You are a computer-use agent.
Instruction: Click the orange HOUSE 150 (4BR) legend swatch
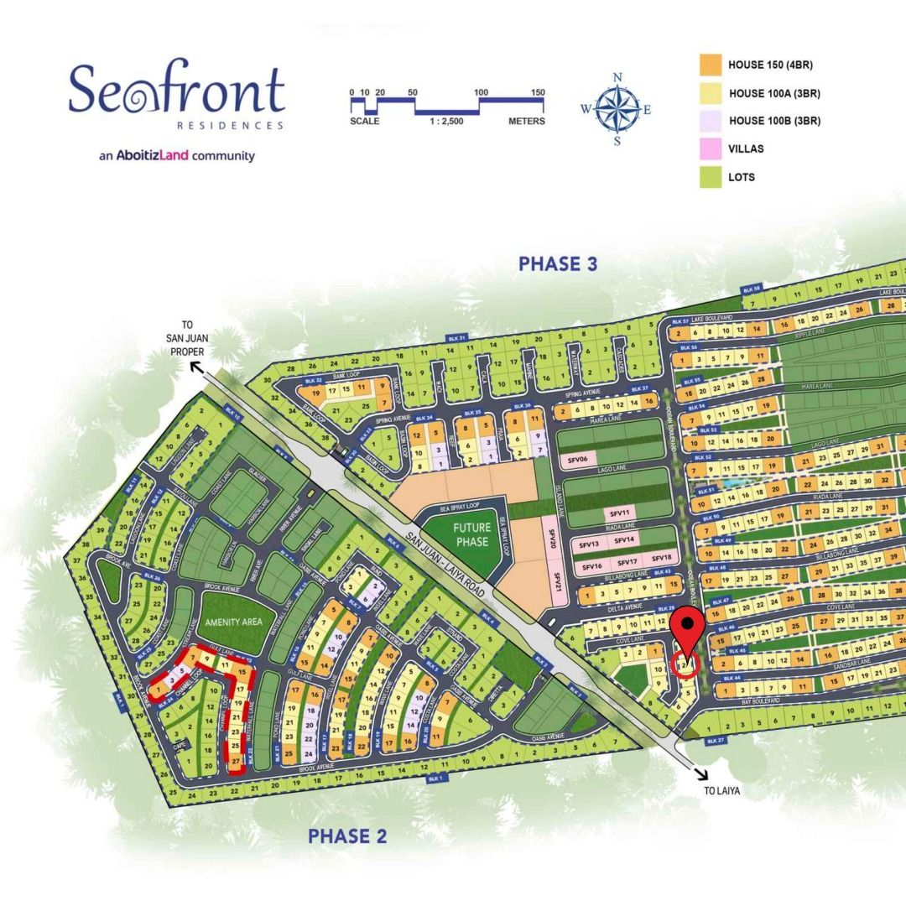711,65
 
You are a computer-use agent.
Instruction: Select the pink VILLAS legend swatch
711,149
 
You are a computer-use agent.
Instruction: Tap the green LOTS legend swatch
711,177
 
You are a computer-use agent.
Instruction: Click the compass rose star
617,110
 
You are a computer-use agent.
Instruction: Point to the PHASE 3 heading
558,264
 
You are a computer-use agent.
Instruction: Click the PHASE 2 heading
347,836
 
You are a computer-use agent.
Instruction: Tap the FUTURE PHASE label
472,535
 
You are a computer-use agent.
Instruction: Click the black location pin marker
689,626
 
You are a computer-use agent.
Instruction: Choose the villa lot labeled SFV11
620,513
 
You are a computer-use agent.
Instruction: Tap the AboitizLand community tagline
176,155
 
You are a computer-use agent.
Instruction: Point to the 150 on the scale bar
538,93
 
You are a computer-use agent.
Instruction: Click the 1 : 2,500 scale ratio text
446,122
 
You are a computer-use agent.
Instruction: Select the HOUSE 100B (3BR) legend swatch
711,121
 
